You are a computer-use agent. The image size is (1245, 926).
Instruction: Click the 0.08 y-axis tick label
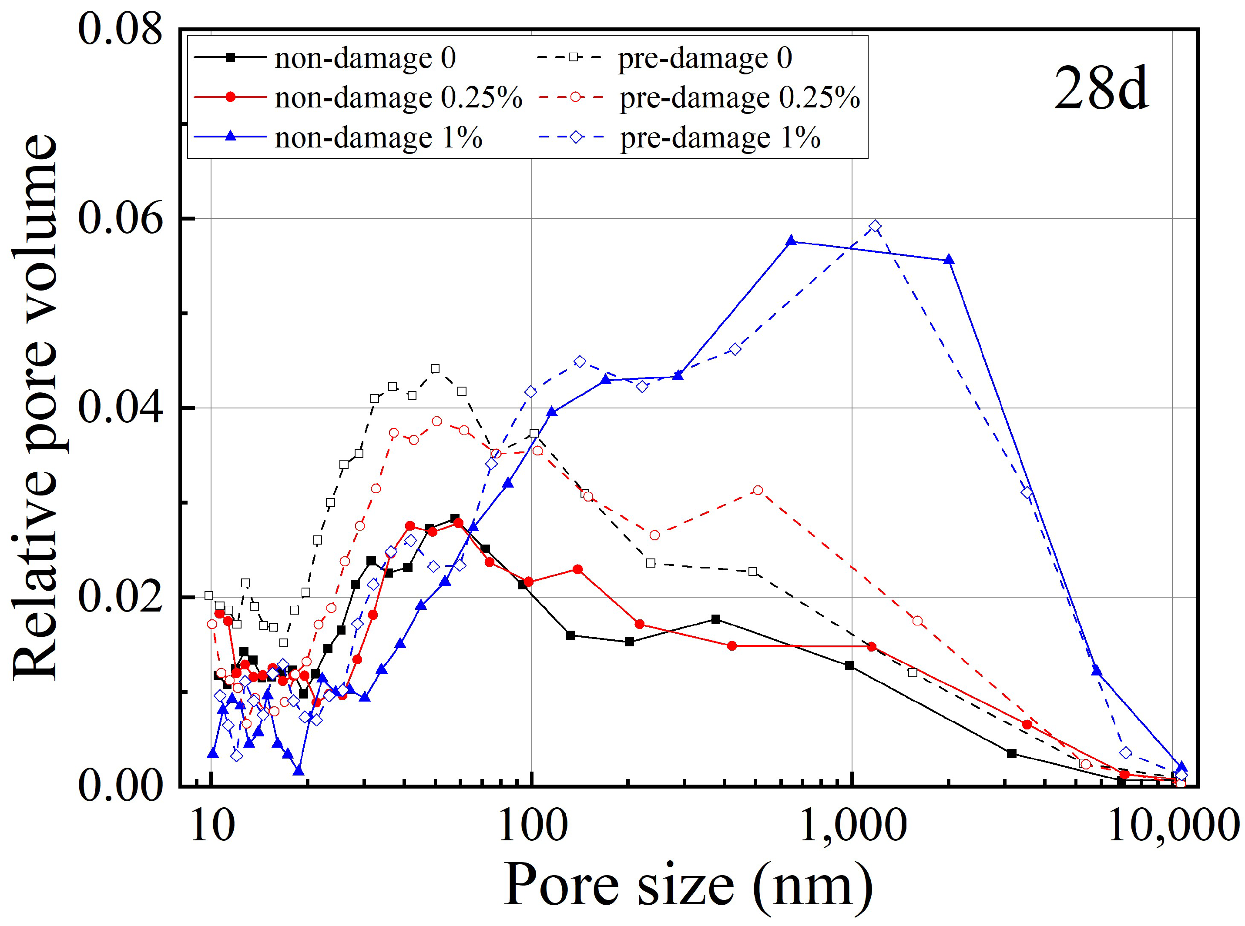pos(121,29)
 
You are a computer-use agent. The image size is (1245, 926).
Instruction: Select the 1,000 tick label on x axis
pos(852,825)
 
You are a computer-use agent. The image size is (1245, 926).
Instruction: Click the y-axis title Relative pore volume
pos(35,408)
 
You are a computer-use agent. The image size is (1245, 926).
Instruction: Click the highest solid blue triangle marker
pos(791,241)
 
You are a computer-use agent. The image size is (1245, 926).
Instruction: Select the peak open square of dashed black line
pos(435,368)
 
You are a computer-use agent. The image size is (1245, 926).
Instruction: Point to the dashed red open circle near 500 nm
pos(758,490)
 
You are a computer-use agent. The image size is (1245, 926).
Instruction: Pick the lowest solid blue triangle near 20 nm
pos(299,771)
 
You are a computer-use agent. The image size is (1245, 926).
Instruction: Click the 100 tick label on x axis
pos(532,825)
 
